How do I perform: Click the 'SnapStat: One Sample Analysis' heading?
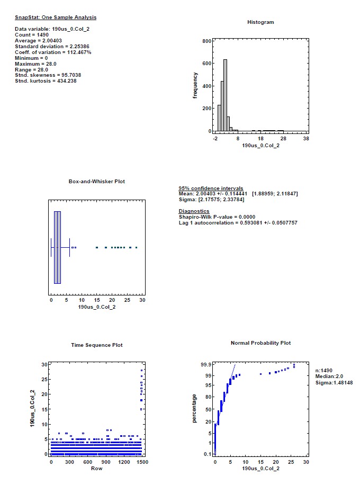[56, 17]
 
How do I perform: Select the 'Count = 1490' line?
[32, 34]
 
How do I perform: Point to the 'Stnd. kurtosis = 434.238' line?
[46, 80]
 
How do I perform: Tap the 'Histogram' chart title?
[260, 22]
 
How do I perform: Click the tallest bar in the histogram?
[225, 95]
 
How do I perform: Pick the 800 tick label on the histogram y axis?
[206, 41]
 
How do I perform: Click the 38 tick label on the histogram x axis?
[306, 138]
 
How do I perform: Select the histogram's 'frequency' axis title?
[195, 85]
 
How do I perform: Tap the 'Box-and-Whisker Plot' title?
[97, 181]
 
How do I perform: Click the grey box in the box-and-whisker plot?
[57, 247]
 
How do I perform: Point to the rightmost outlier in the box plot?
[137, 247]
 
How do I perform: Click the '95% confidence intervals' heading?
[211, 188]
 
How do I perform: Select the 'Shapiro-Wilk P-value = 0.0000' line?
[217, 217]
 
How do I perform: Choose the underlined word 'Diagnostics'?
[194, 211]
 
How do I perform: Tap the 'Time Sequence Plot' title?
[97, 345]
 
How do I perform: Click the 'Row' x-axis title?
[96, 468]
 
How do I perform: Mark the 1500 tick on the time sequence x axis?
[142, 462]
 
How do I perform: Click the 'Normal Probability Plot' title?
[260, 343]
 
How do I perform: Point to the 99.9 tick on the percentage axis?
[205, 364]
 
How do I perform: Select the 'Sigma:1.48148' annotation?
[334, 383]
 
